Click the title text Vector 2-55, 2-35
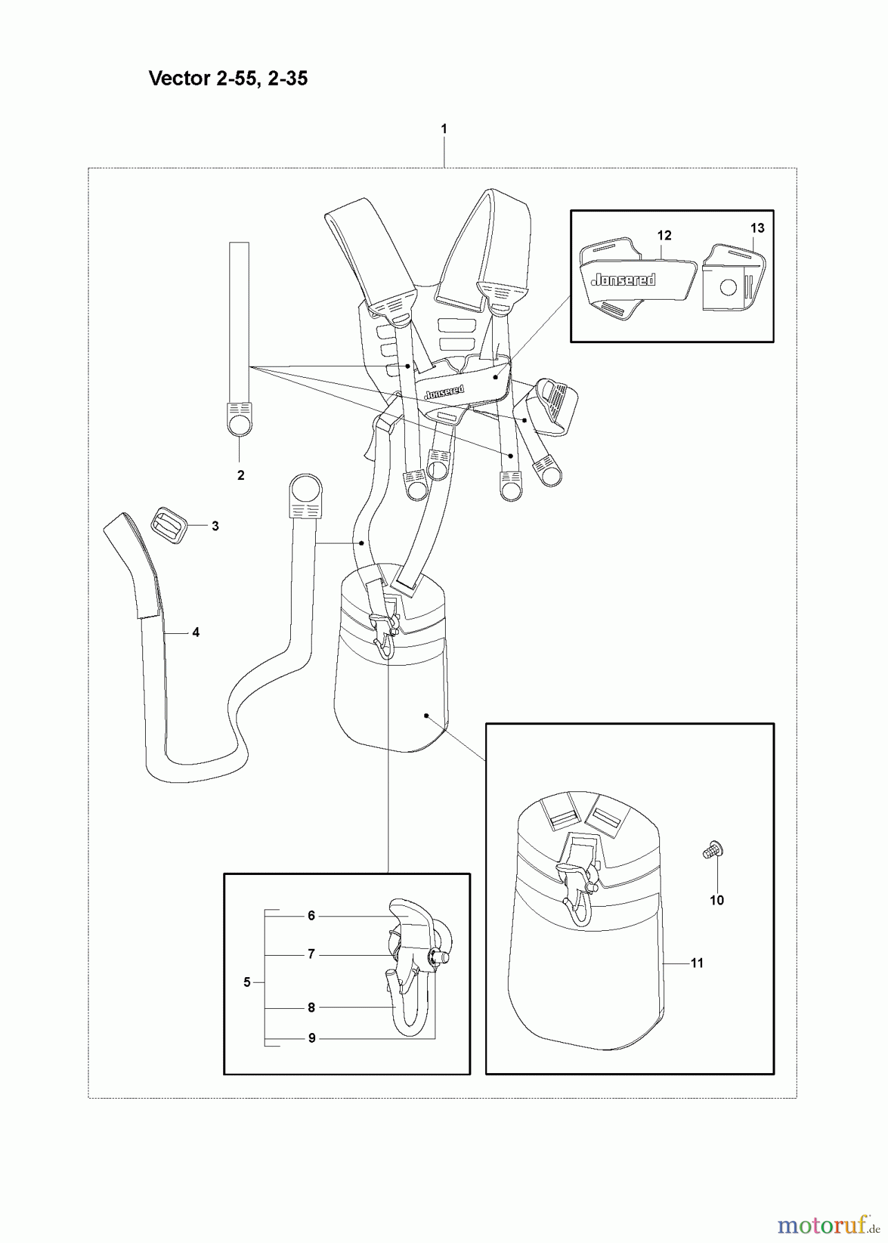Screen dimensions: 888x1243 pyautogui.click(x=228, y=79)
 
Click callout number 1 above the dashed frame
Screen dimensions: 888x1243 pyautogui.click(x=444, y=128)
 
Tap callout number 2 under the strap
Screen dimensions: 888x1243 pyautogui.click(x=240, y=475)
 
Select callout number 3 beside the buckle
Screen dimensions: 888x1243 pyautogui.click(x=215, y=526)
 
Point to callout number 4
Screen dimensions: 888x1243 pyautogui.click(x=196, y=632)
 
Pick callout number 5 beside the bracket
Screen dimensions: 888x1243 pyautogui.click(x=247, y=982)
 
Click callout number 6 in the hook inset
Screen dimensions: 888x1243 pyautogui.click(x=311, y=916)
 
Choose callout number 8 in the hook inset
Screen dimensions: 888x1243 pyautogui.click(x=311, y=1008)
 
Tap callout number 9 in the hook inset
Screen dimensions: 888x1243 pyautogui.click(x=311, y=1038)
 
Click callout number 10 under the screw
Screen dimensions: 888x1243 pyautogui.click(x=717, y=900)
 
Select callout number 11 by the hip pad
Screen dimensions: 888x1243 pyautogui.click(x=697, y=963)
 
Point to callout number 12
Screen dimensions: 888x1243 pyautogui.click(x=664, y=235)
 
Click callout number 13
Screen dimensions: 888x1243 pyautogui.click(x=757, y=228)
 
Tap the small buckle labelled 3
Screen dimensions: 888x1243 pyautogui.click(x=169, y=526)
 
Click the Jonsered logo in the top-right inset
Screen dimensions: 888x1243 pyautogui.click(x=623, y=279)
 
